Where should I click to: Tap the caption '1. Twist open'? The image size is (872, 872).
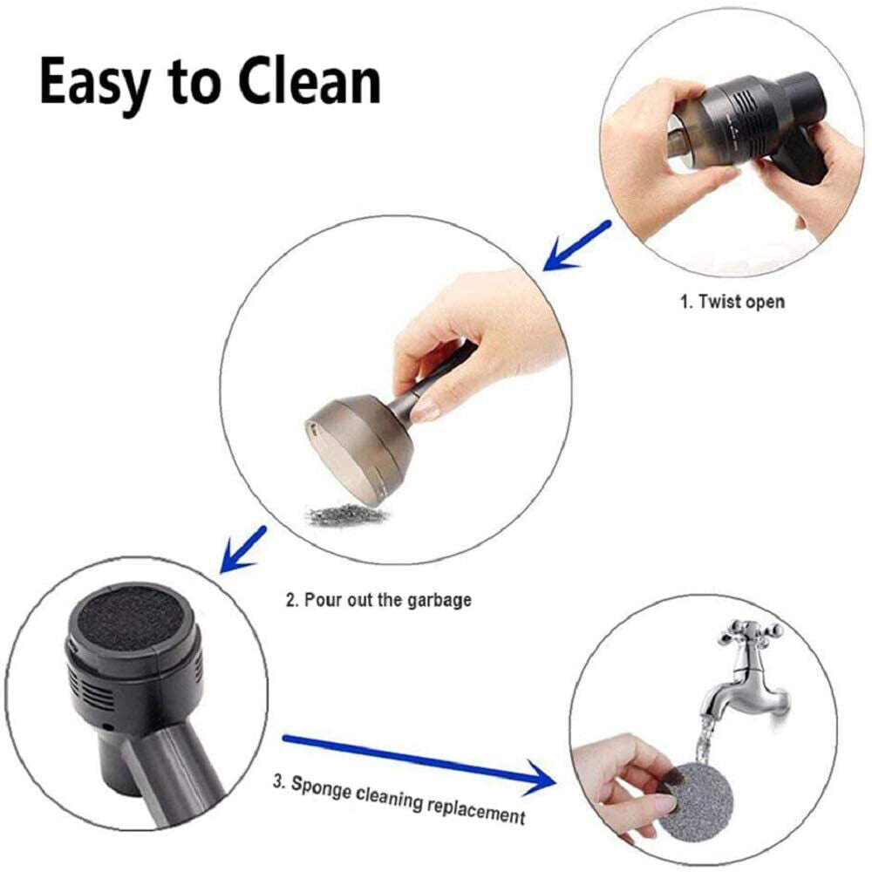pyautogui.click(x=732, y=302)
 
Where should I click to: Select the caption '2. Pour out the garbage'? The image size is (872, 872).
pyautogui.click(x=378, y=600)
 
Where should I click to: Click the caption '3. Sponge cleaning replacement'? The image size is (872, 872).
pyautogui.click(x=399, y=800)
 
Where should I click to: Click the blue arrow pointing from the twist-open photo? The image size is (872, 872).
pyautogui.click(x=577, y=246)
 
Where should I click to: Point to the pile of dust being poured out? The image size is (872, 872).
pyautogui.click(x=346, y=514)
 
